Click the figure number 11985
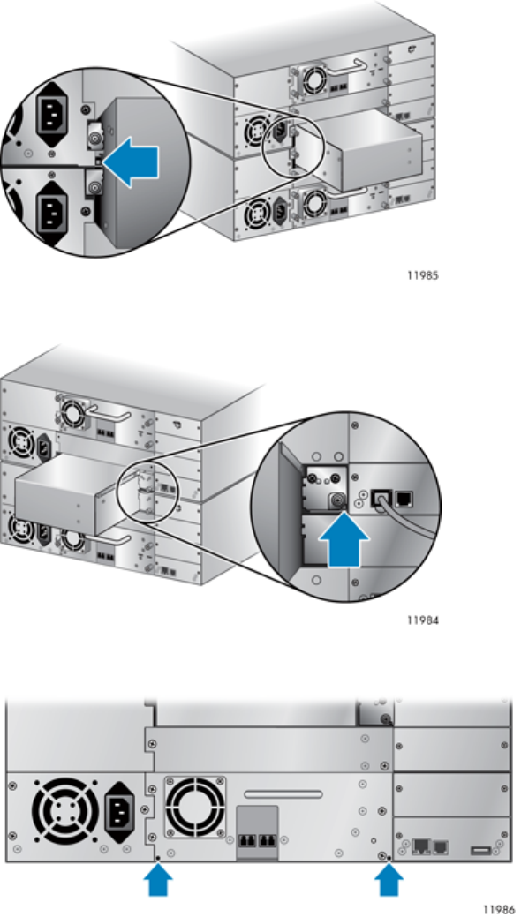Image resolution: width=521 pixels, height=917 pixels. [x=422, y=274]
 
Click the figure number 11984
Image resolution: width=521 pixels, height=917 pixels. [x=422, y=620]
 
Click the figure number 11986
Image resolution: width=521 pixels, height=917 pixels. [x=498, y=909]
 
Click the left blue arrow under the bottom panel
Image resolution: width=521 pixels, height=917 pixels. [x=158, y=880]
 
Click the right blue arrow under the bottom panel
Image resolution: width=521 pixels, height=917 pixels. [x=389, y=880]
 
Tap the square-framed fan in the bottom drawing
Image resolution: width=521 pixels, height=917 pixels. [x=195, y=807]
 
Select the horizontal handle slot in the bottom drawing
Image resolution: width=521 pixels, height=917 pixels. [x=283, y=794]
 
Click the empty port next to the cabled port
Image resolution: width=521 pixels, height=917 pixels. [x=404, y=499]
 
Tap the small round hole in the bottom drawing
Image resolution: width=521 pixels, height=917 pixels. [x=373, y=841]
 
